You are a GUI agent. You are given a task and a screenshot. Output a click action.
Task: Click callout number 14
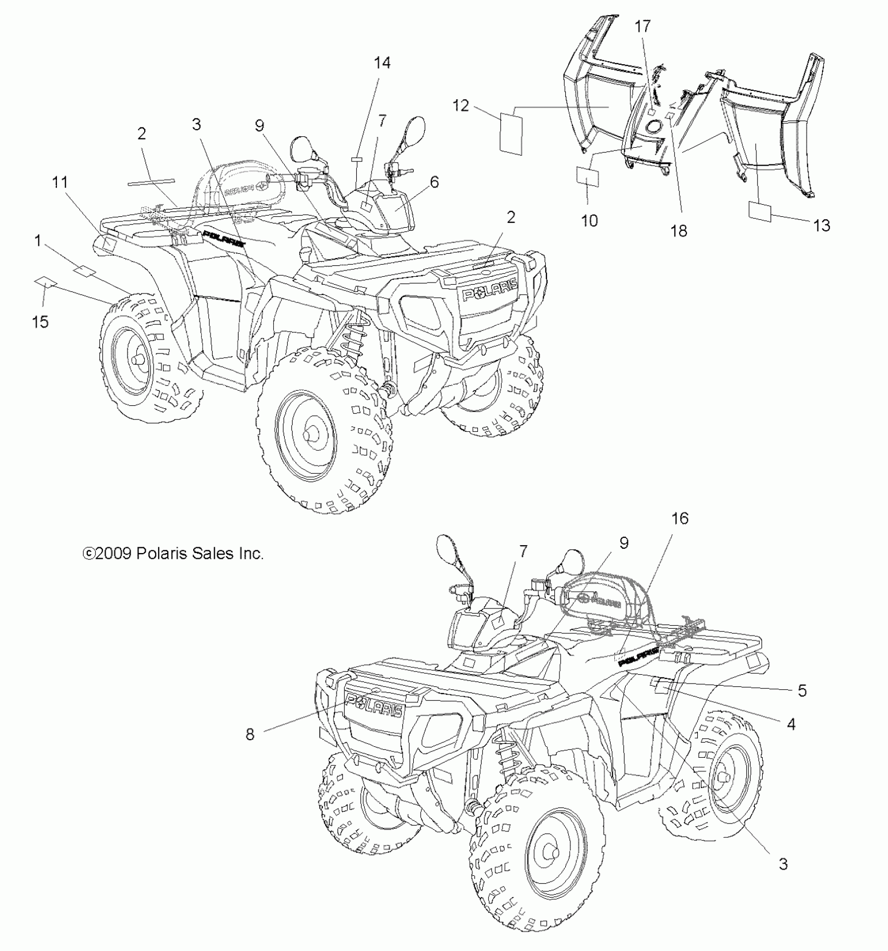382,63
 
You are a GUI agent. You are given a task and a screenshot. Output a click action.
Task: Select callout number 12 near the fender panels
461,106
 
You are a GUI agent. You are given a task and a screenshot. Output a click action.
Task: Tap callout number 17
643,26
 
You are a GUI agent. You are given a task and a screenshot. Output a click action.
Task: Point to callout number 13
822,226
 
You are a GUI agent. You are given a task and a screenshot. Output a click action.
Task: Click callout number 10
589,221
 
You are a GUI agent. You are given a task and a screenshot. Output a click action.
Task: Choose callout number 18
679,231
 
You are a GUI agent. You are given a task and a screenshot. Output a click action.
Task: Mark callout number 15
40,322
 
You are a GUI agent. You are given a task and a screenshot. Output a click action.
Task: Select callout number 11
60,182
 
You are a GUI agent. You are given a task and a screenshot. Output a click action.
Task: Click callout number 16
680,518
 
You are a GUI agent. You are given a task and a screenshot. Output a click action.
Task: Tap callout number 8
250,734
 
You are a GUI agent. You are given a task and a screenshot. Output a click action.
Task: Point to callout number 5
802,690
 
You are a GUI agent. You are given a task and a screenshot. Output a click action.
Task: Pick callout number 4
791,724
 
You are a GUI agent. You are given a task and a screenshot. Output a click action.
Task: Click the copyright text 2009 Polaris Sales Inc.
173,554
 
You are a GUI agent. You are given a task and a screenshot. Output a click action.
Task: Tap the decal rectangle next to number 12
511,133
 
